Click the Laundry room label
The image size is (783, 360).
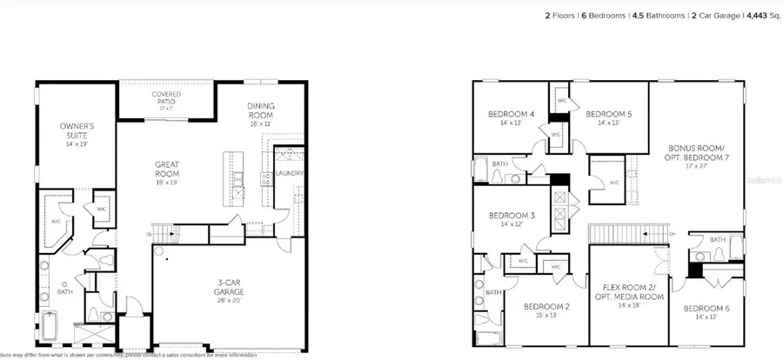[x=289, y=173]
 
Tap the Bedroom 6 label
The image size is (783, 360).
[x=706, y=308]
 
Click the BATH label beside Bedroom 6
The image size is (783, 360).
[x=718, y=240]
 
